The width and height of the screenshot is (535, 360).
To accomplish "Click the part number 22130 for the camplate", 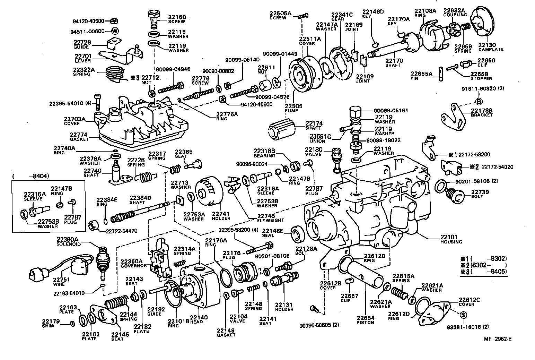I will (487, 45).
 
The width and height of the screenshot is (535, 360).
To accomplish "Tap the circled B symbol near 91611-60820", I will (479, 101).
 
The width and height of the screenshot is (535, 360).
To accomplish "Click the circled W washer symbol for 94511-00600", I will (115, 31).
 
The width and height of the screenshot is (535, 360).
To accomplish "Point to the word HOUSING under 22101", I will (451, 242).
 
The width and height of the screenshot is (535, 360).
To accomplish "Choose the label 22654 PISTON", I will (366, 320).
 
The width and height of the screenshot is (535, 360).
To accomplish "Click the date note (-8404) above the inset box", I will (30, 176).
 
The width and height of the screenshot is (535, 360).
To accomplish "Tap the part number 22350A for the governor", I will (132, 261).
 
